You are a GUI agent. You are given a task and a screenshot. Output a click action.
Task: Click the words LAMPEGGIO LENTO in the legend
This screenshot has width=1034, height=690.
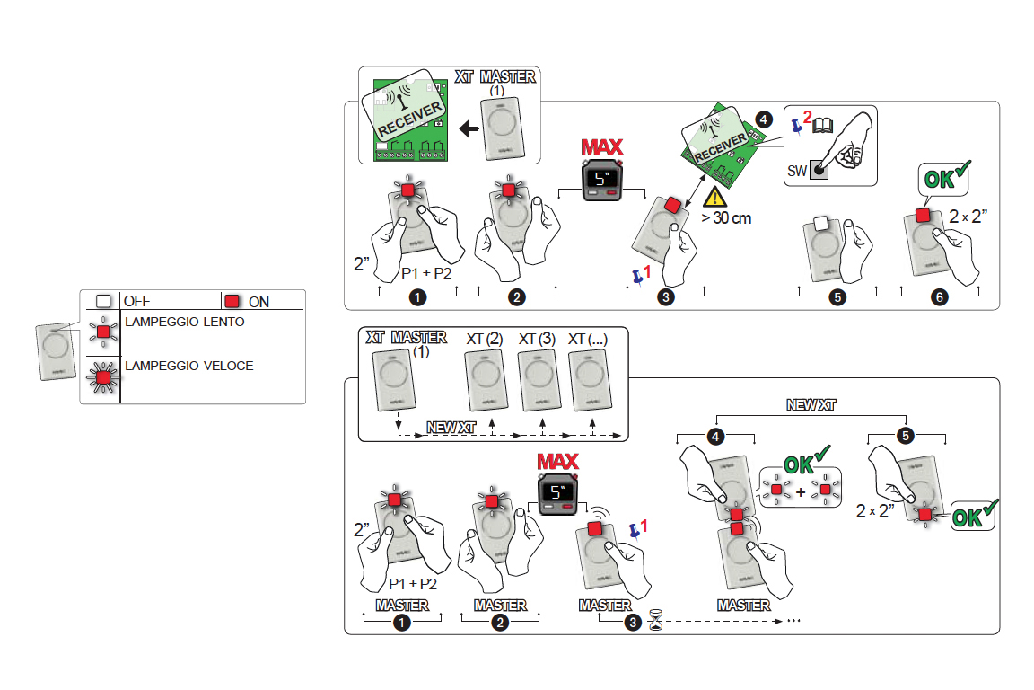pos(184,322)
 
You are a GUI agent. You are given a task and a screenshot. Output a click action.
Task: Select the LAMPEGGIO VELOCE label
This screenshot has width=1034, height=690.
pos(188,366)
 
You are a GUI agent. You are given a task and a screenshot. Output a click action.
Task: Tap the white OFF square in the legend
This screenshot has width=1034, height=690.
pos(103,302)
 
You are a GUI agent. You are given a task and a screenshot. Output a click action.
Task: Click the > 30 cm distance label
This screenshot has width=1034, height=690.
pos(727,217)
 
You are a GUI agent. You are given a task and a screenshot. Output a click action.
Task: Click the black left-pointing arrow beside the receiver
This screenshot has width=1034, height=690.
pos(468,129)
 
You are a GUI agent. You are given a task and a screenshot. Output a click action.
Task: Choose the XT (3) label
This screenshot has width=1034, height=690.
pos(538,339)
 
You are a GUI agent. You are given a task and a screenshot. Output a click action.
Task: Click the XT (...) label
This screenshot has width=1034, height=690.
pos(591,339)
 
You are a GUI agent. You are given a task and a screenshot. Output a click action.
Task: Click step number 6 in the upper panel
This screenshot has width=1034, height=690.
pos(939,299)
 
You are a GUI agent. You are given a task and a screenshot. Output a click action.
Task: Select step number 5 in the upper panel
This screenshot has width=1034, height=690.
pos(837,299)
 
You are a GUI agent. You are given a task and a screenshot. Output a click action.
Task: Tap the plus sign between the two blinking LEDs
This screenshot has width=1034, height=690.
pos(801,491)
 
